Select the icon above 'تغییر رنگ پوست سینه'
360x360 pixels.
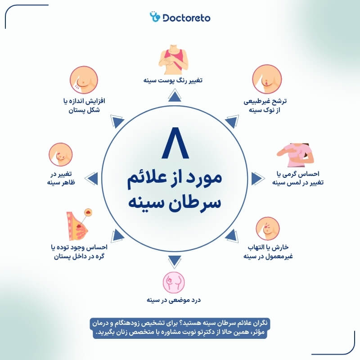pyautogui.click(x=173, y=58)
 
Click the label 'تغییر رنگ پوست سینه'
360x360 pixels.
pyautogui.click(x=173, y=81)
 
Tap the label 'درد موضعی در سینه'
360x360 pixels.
pyautogui.click(x=173, y=300)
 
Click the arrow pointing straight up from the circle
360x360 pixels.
pyautogui.click(x=173, y=94)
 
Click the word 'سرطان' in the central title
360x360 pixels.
pyautogui.click(x=202, y=200)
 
